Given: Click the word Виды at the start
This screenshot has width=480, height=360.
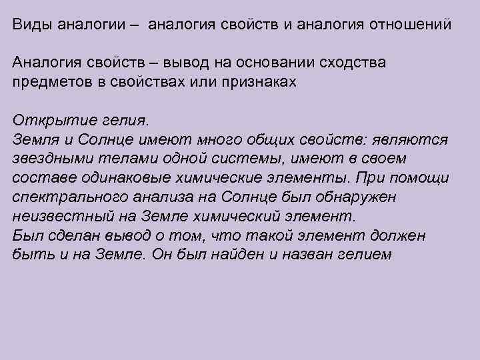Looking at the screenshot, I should coord(31,25).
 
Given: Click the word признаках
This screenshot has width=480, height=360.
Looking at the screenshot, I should coord(257,82).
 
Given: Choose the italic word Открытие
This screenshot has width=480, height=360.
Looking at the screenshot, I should coord(47,121).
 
